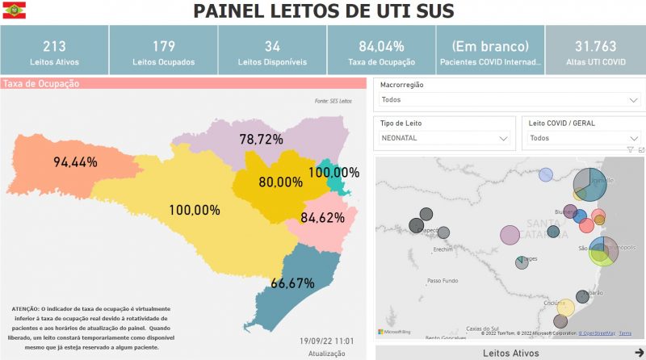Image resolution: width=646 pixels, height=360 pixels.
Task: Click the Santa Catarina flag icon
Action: (x=14, y=11)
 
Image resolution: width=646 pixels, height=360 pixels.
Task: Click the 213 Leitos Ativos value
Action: (x=54, y=46)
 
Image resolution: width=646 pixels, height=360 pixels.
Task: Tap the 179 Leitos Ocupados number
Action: (x=163, y=46)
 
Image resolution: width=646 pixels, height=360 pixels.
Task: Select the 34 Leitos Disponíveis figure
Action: (x=272, y=46)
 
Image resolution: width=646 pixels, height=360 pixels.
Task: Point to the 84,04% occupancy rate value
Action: (x=381, y=46)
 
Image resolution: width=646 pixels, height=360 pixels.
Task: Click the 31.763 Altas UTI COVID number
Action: (x=594, y=46)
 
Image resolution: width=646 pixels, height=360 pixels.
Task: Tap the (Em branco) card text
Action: (x=490, y=46)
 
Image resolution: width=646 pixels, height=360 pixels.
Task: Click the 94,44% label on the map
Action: (x=75, y=162)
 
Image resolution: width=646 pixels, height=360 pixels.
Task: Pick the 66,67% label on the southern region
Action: (x=292, y=283)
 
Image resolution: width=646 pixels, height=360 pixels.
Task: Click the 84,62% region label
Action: (x=322, y=218)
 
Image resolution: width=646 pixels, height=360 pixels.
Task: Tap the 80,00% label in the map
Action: (x=280, y=182)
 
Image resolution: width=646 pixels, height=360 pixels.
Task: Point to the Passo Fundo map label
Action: (x=443, y=281)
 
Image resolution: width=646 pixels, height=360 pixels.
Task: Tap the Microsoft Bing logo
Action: (x=395, y=332)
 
